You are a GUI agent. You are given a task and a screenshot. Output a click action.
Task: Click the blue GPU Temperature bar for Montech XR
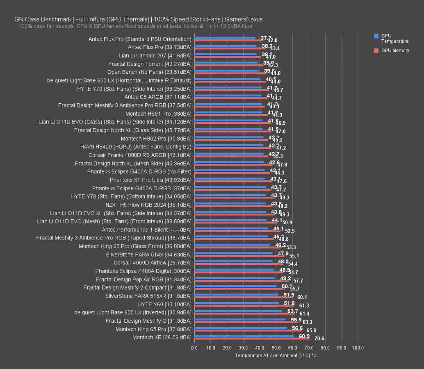pyautogui.click(x=244, y=336)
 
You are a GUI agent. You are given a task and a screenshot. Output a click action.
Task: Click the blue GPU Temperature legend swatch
pyautogui.click(x=376, y=36)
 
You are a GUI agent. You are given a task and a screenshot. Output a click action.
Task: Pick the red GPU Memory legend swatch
pyautogui.click(x=376, y=51)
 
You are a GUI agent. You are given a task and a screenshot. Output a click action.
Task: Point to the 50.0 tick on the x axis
pyautogui.click(x=276, y=348)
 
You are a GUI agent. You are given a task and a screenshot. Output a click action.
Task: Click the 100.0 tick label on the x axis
pyautogui.click(x=358, y=348)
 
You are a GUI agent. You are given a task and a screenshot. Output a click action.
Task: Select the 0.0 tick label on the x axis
pyautogui.click(x=194, y=348)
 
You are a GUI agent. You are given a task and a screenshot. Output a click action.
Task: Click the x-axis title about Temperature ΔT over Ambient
pyautogui.click(x=276, y=355)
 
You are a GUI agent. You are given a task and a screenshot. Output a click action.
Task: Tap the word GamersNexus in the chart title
pyautogui.click(x=244, y=19)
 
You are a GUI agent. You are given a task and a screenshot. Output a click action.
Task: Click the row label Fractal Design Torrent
pyautogui.click(x=150, y=64)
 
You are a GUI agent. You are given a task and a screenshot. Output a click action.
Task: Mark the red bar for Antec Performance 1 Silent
pyautogui.click(x=237, y=231)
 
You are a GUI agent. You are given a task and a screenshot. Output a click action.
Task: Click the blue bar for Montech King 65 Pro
pyautogui.click(x=240, y=328)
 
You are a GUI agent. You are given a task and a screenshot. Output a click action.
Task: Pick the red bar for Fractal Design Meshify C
pyautogui.click(x=246, y=322)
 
